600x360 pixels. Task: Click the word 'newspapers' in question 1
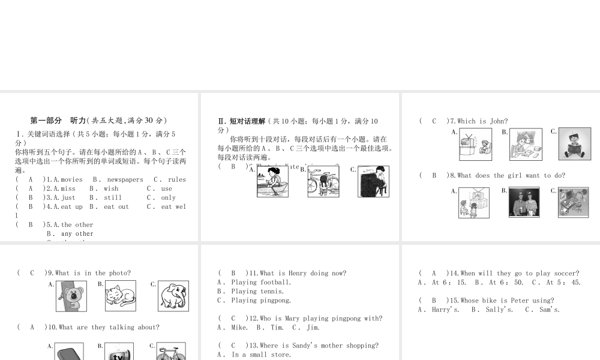tap(125, 179)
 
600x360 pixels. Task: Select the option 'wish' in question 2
tap(111, 188)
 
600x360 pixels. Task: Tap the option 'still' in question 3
tap(113, 197)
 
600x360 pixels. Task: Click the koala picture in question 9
tap(71, 296)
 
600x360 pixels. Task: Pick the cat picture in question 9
tap(121, 296)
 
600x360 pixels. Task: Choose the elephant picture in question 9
tap(173, 296)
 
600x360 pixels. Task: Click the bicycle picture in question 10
tap(171, 352)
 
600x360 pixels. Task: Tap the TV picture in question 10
tap(119, 352)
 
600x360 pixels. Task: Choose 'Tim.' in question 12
tap(277, 328)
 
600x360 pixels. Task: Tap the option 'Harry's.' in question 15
tap(446, 310)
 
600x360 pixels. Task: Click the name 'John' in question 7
tap(499, 121)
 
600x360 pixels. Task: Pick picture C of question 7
tap(575, 144)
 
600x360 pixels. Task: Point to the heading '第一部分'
tap(46, 120)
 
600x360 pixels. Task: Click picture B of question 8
tap(524, 202)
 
